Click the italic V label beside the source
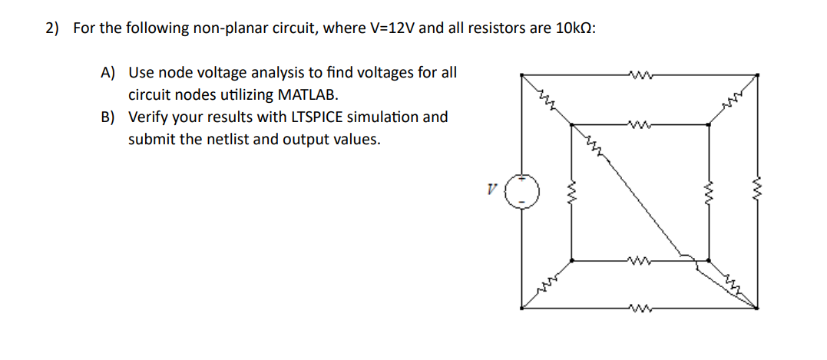coord(491,189)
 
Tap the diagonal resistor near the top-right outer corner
coord(733,99)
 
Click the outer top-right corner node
coord(758,74)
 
